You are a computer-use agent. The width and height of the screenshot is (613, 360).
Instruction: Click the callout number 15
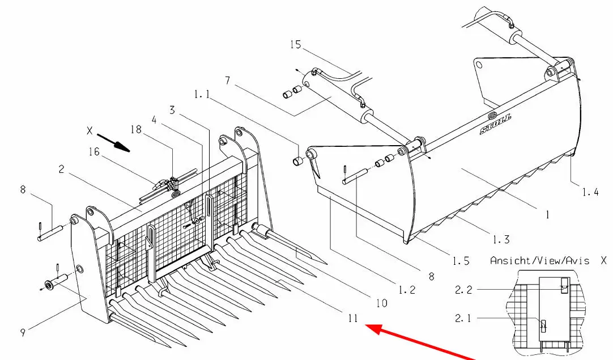click(296, 45)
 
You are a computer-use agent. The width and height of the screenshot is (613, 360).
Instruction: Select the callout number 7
click(228, 81)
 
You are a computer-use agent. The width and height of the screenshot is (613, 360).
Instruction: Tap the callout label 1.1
click(202, 94)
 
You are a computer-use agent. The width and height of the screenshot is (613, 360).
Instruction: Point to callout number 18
click(136, 129)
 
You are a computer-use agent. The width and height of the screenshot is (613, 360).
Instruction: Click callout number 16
click(94, 152)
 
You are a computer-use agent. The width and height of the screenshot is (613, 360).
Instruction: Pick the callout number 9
click(23, 333)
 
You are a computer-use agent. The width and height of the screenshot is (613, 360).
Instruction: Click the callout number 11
click(352, 319)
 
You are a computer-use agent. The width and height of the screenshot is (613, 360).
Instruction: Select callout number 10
click(381, 303)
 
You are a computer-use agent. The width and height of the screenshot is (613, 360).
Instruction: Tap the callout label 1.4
click(590, 192)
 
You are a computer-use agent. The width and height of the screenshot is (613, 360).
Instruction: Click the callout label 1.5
click(461, 261)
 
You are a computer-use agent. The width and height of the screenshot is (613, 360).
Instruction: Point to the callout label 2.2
click(463, 290)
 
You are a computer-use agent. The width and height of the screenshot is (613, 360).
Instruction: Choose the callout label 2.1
click(463, 319)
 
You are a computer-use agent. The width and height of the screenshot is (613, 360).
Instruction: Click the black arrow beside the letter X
click(113, 143)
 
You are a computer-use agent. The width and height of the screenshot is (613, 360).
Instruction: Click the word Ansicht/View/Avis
click(539, 261)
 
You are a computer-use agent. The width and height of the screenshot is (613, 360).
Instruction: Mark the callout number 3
click(172, 111)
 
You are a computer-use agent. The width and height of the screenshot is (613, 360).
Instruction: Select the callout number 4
click(154, 120)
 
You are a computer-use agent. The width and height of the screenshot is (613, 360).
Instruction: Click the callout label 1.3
click(501, 239)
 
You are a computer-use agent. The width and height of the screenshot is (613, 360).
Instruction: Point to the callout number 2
click(61, 169)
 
